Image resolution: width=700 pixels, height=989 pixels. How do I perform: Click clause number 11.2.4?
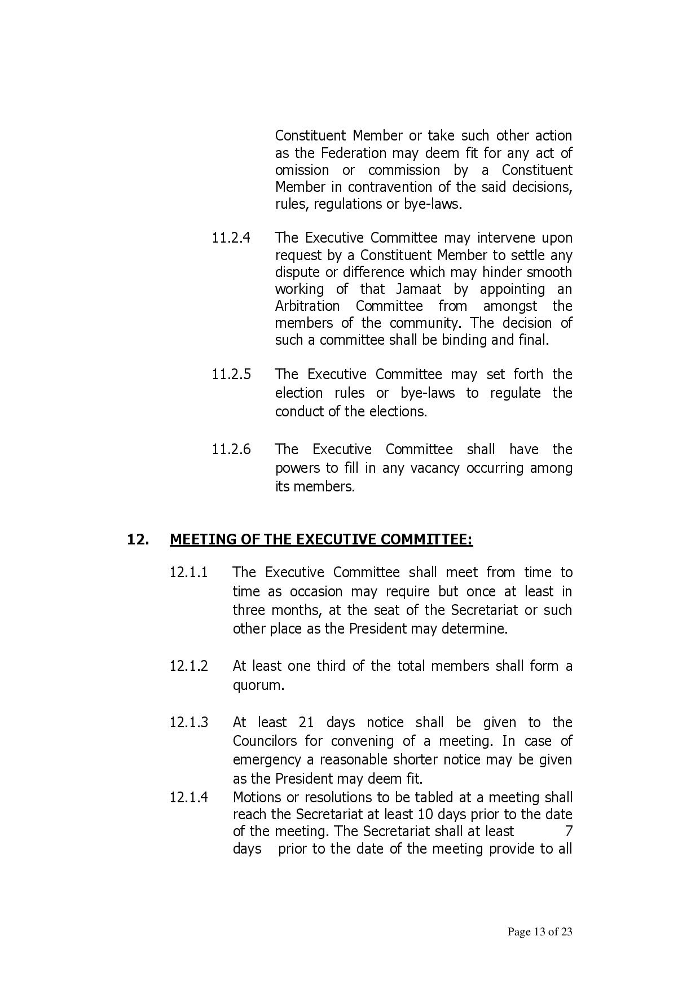(x=231, y=238)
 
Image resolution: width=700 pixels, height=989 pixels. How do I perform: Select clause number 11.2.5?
(x=231, y=374)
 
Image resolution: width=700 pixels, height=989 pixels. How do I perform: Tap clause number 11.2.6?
(x=231, y=450)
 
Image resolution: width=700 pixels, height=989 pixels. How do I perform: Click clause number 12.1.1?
(x=189, y=573)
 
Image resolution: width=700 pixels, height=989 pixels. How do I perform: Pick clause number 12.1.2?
(x=189, y=666)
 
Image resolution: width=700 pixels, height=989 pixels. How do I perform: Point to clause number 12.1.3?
(x=189, y=723)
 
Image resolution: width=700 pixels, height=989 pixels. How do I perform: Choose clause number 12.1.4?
(x=189, y=798)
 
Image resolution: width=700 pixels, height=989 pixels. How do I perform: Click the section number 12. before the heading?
(x=138, y=540)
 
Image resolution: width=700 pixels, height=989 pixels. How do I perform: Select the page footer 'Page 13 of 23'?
(x=540, y=931)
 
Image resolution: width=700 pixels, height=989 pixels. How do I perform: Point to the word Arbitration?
(x=307, y=306)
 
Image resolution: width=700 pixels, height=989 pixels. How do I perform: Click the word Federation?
(x=354, y=153)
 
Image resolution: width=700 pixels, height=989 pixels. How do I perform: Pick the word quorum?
(x=258, y=685)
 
